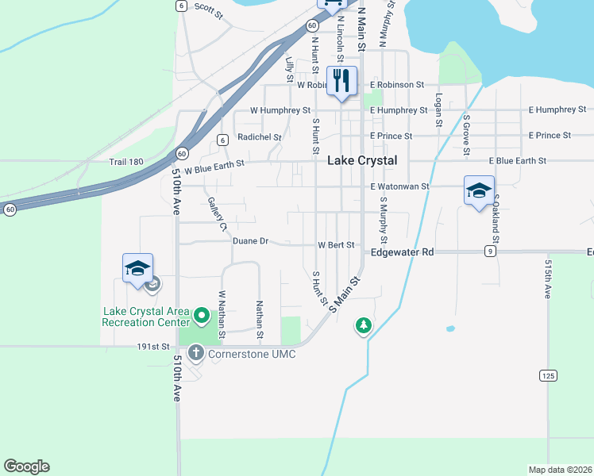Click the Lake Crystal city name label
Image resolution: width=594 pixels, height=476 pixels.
click(362, 160)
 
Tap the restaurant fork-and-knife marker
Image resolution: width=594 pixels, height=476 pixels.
click(341, 81)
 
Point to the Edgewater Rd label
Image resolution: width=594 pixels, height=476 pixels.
click(403, 252)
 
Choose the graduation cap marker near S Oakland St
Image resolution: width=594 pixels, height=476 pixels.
click(479, 191)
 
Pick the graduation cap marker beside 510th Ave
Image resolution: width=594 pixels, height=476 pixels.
click(137, 269)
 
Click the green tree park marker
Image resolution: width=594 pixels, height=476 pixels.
click(364, 324)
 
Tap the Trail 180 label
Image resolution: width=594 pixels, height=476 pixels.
click(126, 162)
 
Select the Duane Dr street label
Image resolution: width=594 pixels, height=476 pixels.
click(251, 240)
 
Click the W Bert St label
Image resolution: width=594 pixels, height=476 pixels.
click(335, 246)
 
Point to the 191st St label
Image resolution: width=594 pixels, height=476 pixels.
click(154, 347)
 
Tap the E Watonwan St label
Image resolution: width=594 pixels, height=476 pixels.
click(399, 186)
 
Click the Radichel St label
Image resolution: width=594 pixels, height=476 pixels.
click(260, 137)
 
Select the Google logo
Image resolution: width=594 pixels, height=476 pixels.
click(27, 466)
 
